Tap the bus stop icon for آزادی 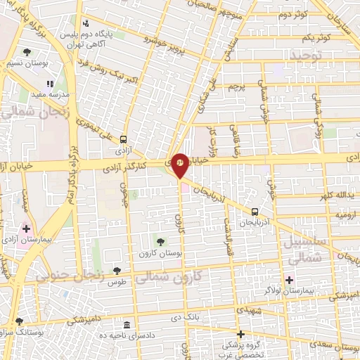click(x=124, y=139)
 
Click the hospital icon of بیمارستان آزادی click(x=27, y=228)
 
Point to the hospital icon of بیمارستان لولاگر click(x=289, y=280)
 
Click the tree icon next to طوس click(x=117, y=271)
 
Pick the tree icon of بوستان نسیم click(x=27, y=52)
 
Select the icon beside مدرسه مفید click(x=50, y=84)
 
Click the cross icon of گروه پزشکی click(x=241, y=334)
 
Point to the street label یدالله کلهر click(x=337, y=195)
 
